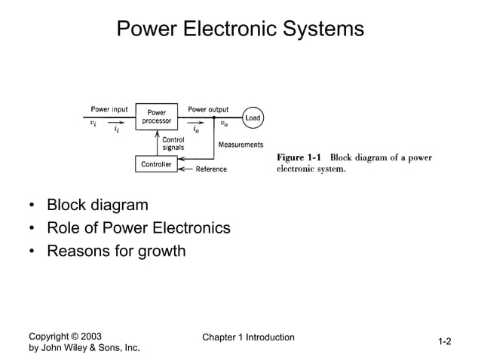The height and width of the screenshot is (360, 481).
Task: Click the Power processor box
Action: (x=157, y=117)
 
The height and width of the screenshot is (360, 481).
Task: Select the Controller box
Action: (x=156, y=163)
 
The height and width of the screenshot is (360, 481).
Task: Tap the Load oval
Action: (x=253, y=117)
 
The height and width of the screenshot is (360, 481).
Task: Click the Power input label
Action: (x=109, y=109)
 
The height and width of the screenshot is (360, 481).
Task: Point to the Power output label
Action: (x=208, y=109)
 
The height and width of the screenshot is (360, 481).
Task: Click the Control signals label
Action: (x=173, y=143)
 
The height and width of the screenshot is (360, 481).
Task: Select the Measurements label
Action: (x=240, y=145)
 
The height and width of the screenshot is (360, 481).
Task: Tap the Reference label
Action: (x=211, y=169)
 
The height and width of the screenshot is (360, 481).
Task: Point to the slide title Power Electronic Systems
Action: (x=240, y=29)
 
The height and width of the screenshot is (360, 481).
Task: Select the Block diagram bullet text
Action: (x=97, y=205)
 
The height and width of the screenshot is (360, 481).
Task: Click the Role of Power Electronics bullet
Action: (x=138, y=227)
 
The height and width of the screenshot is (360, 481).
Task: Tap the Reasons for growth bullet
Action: (x=115, y=250)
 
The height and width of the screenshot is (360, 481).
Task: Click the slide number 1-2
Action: (x=445, y=342)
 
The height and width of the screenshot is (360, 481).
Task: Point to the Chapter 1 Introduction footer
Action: (x=248, y=337)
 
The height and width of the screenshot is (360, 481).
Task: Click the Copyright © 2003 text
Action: (x=65, y=336)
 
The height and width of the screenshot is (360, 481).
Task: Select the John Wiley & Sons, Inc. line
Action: (x=84, y=348)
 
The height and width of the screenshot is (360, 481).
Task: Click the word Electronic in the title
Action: (x=239, y=29)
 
